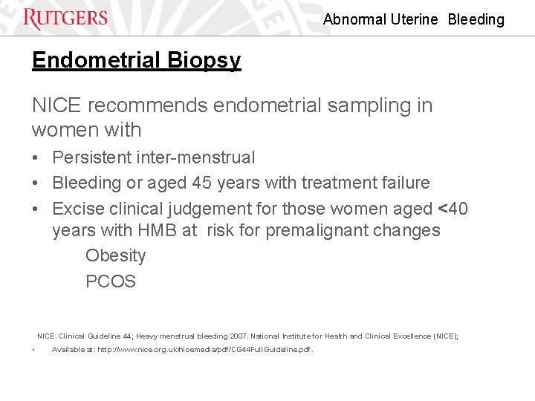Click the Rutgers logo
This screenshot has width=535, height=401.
coord(65,18)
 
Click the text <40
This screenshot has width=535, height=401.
coord(453,209)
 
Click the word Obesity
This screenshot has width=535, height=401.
coord(115,256)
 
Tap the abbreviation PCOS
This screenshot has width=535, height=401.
coord(111,282)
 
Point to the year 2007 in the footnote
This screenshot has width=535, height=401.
coord(272,336)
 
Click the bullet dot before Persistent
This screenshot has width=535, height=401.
coord(36,158)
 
